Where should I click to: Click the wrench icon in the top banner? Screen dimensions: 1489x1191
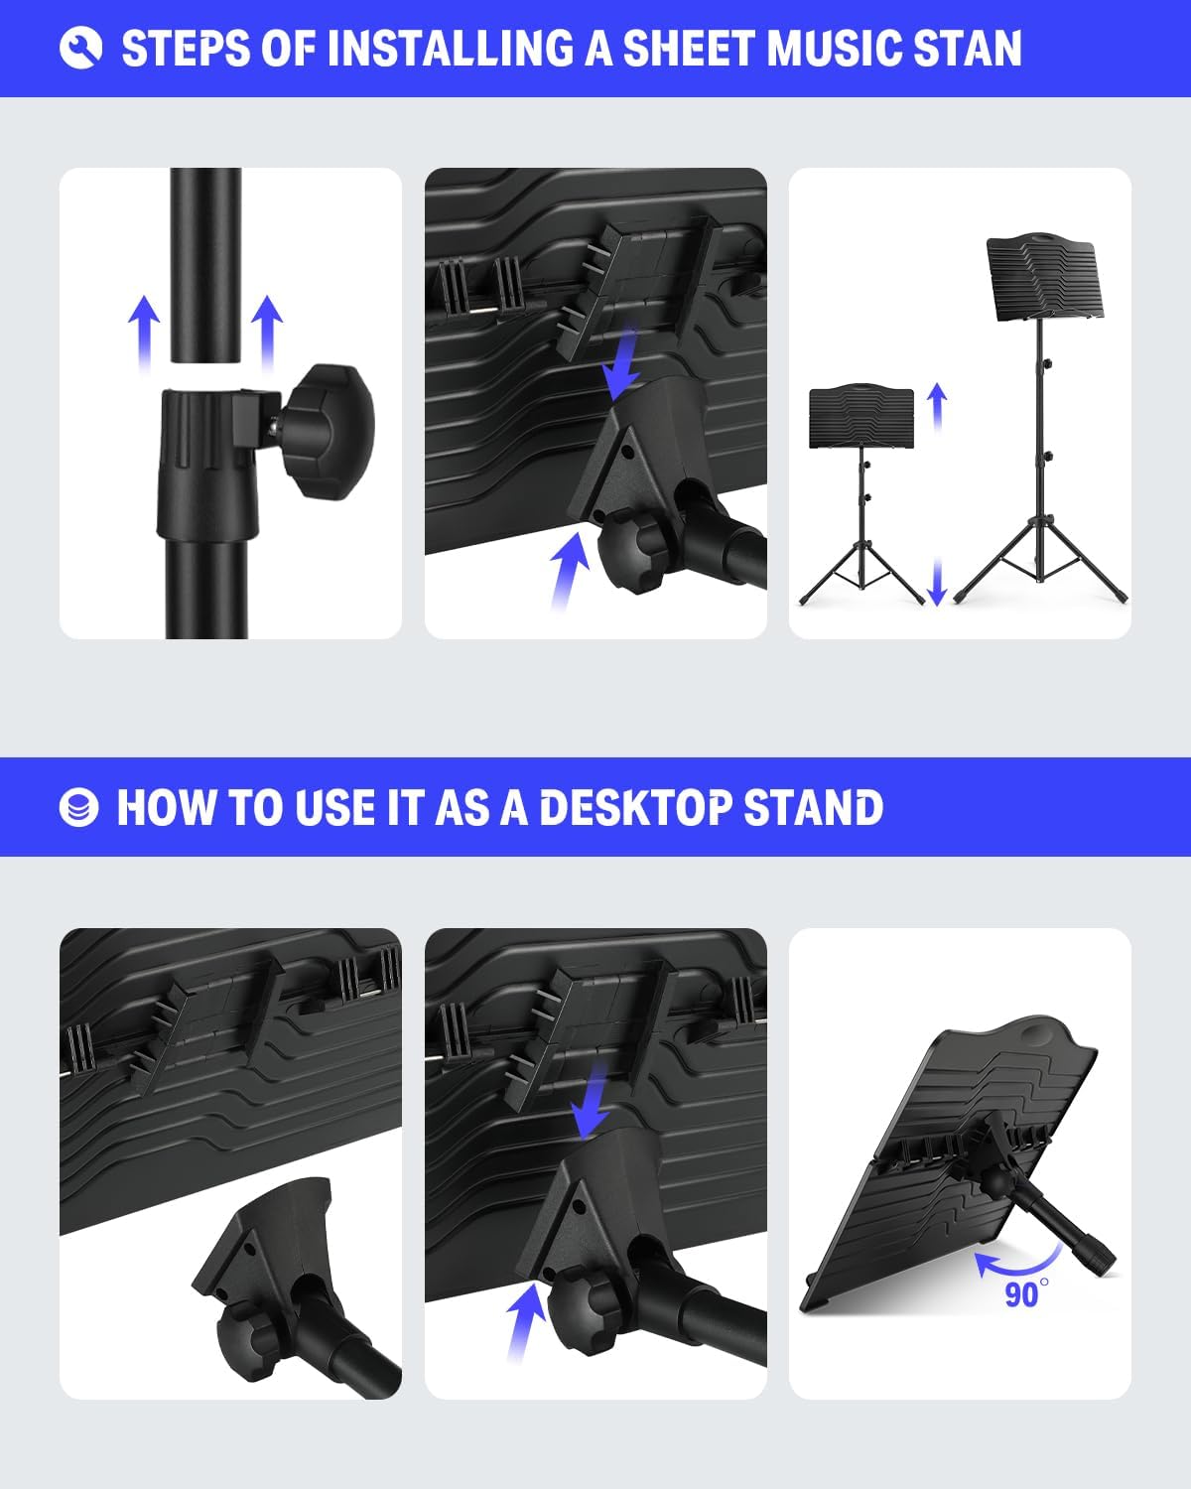[80, 48]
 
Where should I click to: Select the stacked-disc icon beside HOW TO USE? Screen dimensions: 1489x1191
[79, 808]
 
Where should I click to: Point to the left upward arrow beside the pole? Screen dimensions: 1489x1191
[144, 332]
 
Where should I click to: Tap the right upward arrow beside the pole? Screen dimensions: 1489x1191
[266, 332]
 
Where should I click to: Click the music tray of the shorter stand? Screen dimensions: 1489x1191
[861, 416]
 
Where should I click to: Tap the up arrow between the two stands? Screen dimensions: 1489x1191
[937, 406]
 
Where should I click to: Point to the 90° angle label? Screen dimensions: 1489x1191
[1021, 1294]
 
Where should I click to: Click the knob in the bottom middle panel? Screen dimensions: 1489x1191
[590, 1308]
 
